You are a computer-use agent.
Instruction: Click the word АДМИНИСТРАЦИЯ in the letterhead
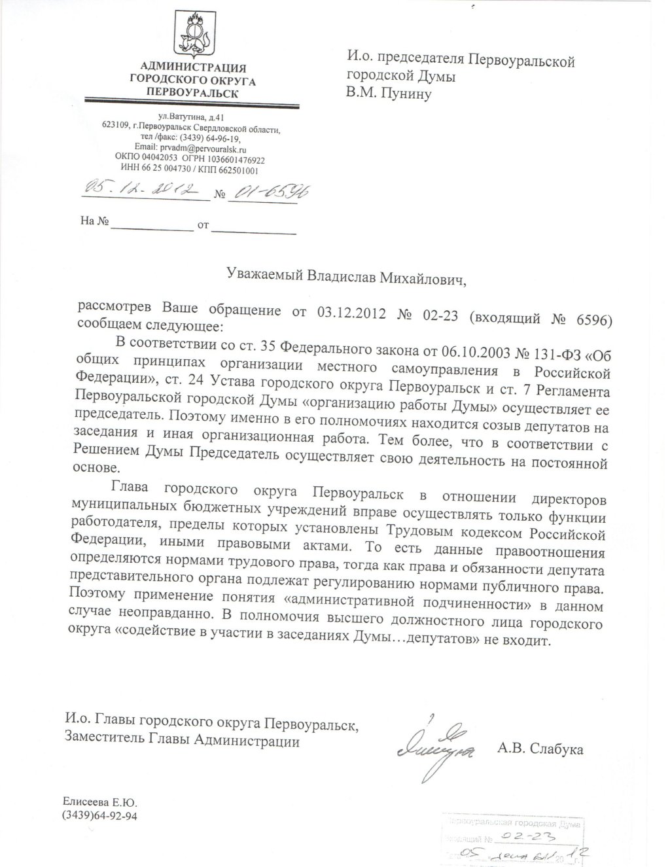tap(194, 67)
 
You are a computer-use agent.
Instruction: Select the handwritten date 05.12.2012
tap(140, 190)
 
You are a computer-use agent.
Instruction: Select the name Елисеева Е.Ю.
tap(101, 802)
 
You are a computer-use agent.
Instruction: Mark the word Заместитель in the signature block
tap(105, 741)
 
